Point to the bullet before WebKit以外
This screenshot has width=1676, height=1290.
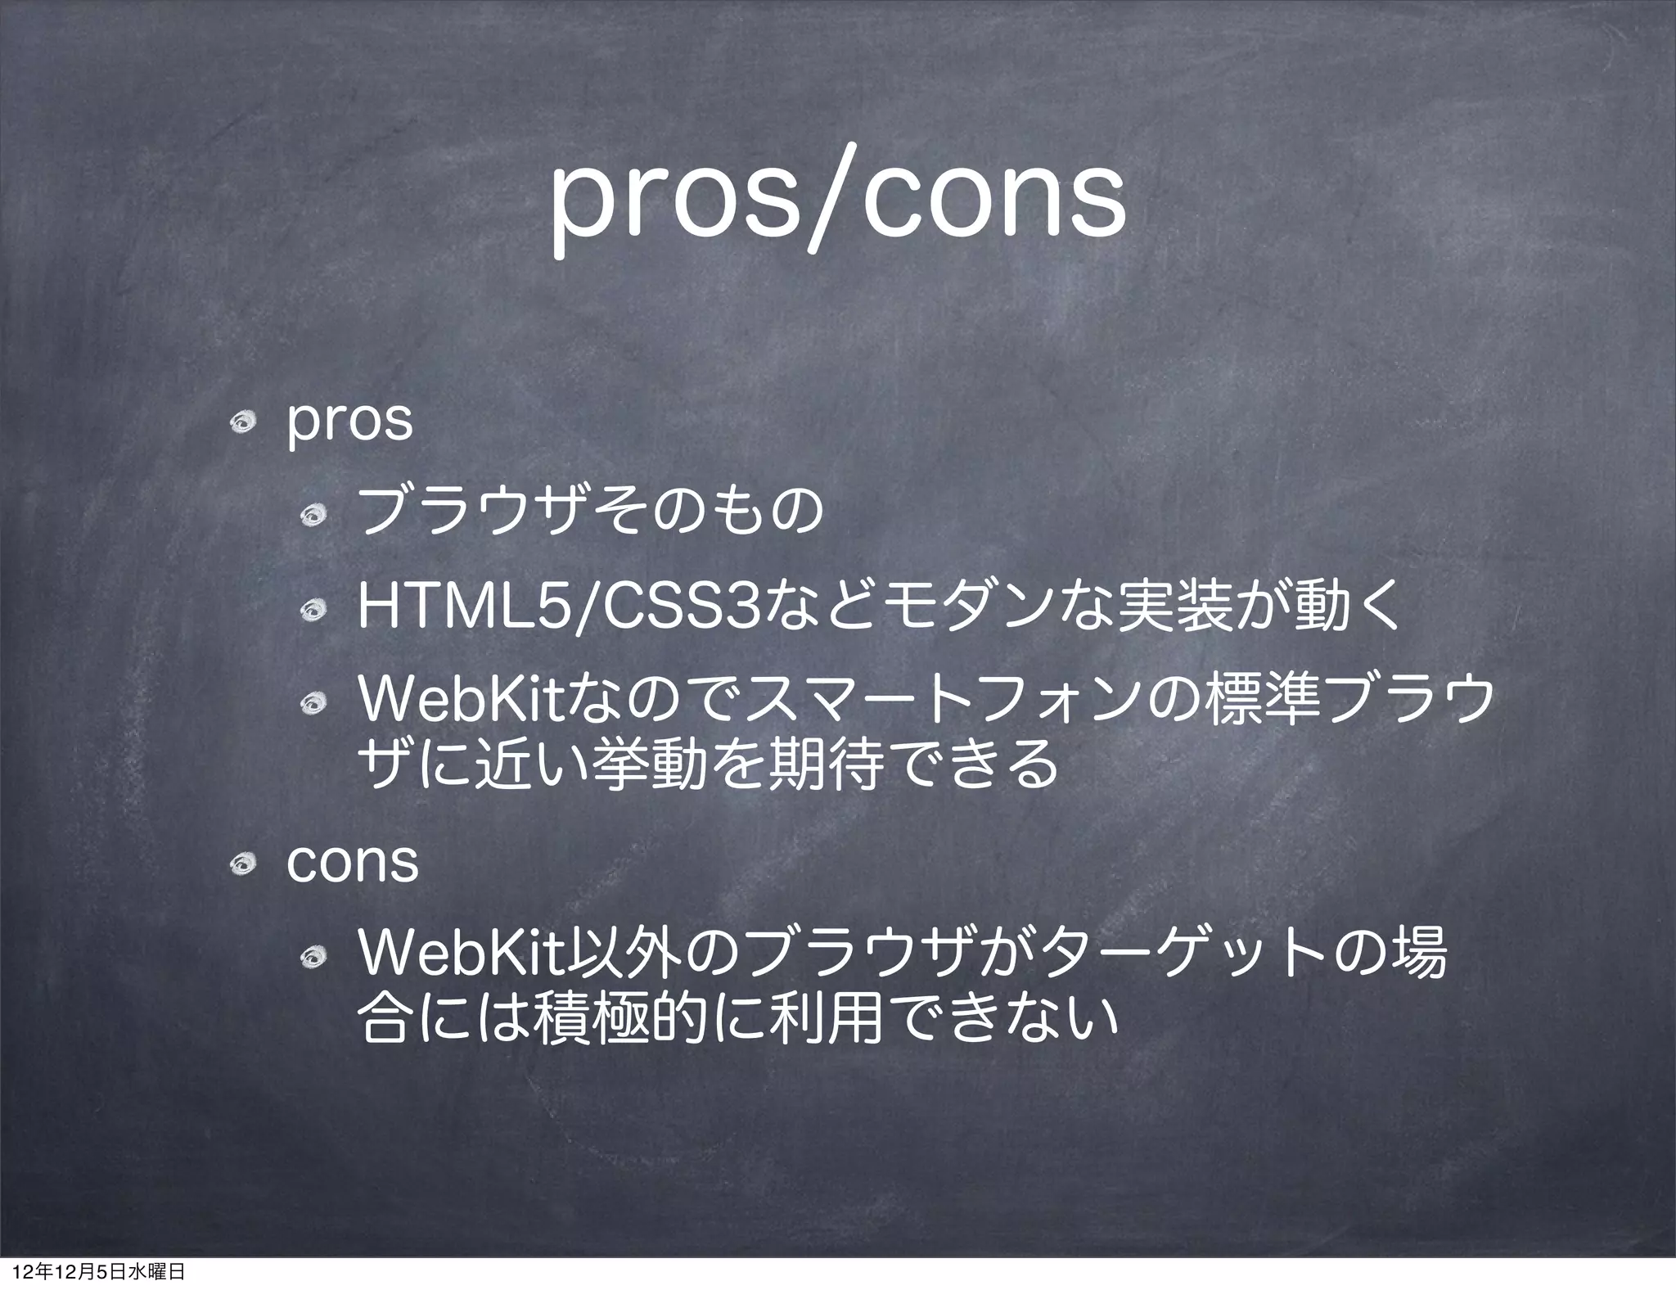[313, 956]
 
